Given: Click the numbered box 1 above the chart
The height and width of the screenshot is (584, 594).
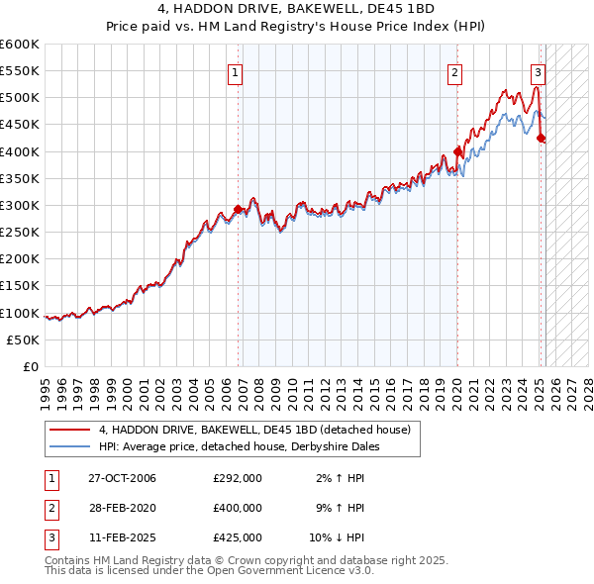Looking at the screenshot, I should pos(236,71).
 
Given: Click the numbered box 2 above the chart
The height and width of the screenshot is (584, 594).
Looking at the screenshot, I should pos(454,71).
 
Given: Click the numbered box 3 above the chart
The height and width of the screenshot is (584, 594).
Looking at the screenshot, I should pos(537,71).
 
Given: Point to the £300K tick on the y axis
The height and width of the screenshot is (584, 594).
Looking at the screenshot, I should pos(20,205).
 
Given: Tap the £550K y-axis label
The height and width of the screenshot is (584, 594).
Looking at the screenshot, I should pos(20,71).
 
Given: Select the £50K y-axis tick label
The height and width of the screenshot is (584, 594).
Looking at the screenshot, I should pos(23,340).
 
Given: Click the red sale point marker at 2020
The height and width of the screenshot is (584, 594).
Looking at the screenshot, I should pos(457,151).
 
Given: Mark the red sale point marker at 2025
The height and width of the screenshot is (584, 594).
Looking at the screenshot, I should pos(541,139).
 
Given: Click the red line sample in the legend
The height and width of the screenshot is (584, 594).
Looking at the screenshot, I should pos(70,430).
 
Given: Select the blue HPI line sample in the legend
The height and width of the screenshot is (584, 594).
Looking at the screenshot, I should pos(70,446).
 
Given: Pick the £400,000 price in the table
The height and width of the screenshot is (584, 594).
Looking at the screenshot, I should pos(238,508).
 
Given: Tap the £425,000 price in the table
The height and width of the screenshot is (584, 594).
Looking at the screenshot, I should pos(238,537).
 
